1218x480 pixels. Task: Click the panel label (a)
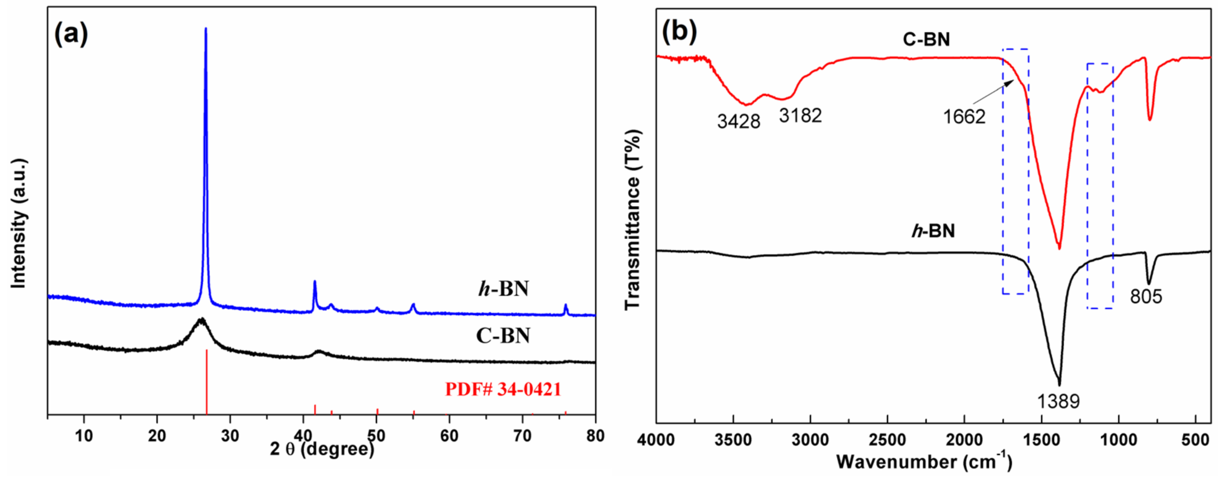click(x=71, y=34)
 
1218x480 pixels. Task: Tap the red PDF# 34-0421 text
click(x=503, y=389)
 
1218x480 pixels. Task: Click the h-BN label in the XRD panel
click(x=503, y=289)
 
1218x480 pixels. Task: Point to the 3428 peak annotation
click(x=739, y=121)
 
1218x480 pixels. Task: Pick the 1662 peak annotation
click(x=964, y=117)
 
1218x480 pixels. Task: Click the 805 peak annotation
click(x=1146, y=297)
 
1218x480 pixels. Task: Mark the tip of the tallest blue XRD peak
click(x=206, y=29)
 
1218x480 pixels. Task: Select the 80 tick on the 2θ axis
click(x=595, y=436)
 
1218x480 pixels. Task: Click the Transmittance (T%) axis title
click(x=633, y=220)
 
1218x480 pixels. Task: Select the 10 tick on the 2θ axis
click(x=84, y=436)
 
